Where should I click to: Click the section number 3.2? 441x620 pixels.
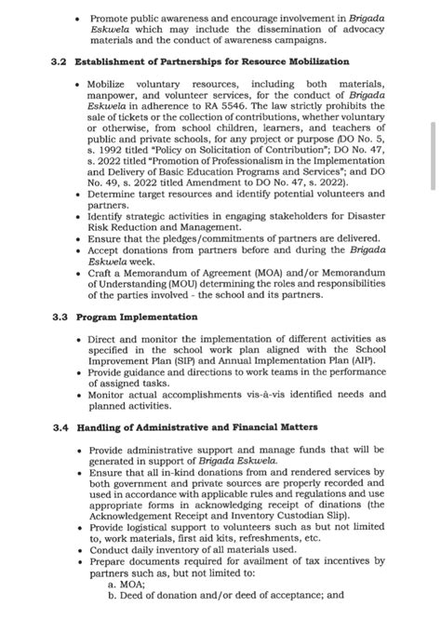(60, 61)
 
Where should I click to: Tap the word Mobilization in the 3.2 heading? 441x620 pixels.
(315, 61)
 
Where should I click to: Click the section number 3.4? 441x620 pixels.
(60, 427)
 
